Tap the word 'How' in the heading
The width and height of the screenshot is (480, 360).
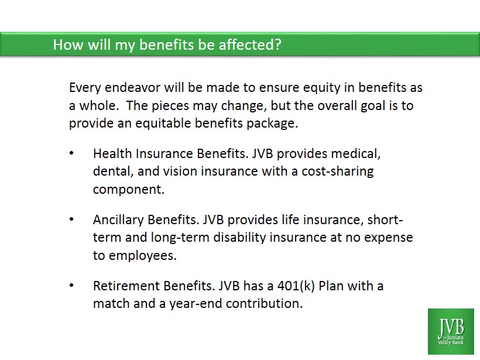[x=68, y=44]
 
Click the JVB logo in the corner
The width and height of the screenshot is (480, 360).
[x=451, y=331]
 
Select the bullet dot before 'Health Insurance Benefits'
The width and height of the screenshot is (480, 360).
[x=71, y=153]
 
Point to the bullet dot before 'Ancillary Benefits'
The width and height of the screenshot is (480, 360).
[x=71, y=219]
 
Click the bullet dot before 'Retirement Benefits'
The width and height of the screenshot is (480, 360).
[x=71, y=285]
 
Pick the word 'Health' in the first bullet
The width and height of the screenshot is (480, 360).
[x=112, y=153]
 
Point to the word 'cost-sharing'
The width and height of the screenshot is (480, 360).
[x=338, y=172]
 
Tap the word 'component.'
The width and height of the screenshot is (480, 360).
[x=129, y=190]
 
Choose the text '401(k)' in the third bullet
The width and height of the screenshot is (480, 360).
[x=296, y=286]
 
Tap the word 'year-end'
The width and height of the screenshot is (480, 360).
[x=196, y=304]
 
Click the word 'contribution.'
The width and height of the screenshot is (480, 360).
[x=264, y=304]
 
